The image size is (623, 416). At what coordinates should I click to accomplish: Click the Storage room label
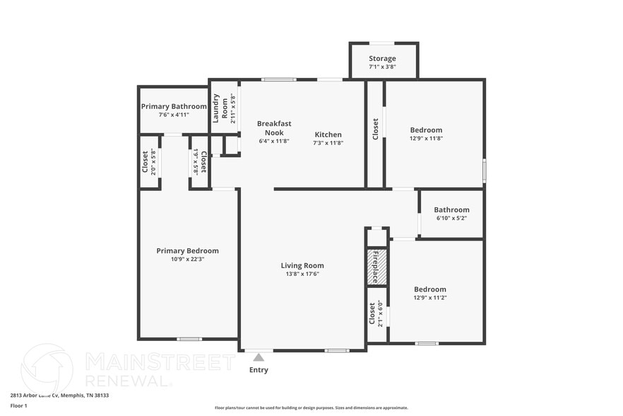pyautogui.click(x=382, y=59)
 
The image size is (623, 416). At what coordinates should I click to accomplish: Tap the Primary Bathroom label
pyautogui.click(x=174, y=107)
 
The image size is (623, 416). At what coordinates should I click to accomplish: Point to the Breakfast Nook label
pyautogui.click(x=273, y=128)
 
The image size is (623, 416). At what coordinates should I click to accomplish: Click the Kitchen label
pyautogui.click(x=328, y=134)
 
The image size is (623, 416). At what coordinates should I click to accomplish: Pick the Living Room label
pyautogui.click(x=302, y=266)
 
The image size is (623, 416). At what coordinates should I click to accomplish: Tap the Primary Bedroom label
pyautogui.click(x=187, y=250)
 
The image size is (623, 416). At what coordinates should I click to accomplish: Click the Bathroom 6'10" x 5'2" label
pyautogui.click(x=451, y=210)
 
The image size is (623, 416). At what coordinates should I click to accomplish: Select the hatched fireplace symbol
pyautogui.click(x=376, y=267)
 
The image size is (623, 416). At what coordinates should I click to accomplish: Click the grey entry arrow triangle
pyautogui.click(x=259, y=357)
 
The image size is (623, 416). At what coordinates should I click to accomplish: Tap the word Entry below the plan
pyautogui.click(x=259, y=370)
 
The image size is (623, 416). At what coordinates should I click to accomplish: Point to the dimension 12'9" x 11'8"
pyautogui.click(x=426, y=139)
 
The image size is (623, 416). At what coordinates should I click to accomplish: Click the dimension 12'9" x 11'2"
pyautogui.click(x=429, y=298)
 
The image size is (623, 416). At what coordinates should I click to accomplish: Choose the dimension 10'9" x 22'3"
pyautogui.click(x=187, y=260)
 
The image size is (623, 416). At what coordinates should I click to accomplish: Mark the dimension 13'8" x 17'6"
pyautogui.click(x=302, y=275)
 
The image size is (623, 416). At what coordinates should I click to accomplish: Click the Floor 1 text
pyautogui.click(x=18, y=406)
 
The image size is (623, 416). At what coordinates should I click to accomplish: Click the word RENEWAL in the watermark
pyautogui.click(x=128, y=380)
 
